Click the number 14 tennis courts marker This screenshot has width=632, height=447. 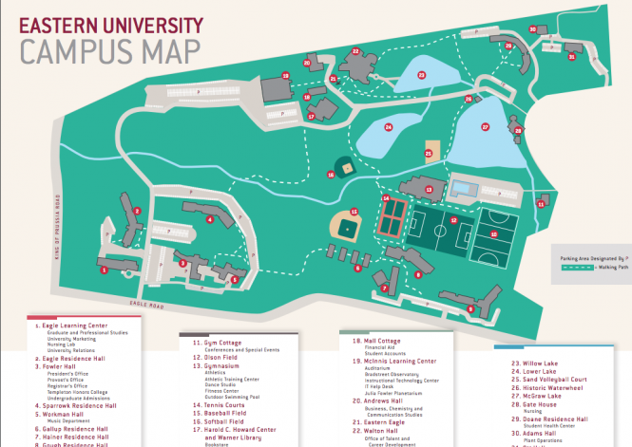tap(386, 198)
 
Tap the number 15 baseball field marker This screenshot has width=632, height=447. tap(354, 212)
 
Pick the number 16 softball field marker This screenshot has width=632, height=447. tap(331, 174)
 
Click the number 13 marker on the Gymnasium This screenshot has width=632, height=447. tap(429, 189)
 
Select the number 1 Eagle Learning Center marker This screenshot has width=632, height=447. tap(103, 270)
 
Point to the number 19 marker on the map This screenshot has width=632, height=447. tap(285, 76)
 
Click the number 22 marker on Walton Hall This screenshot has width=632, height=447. tap(355, 51)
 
